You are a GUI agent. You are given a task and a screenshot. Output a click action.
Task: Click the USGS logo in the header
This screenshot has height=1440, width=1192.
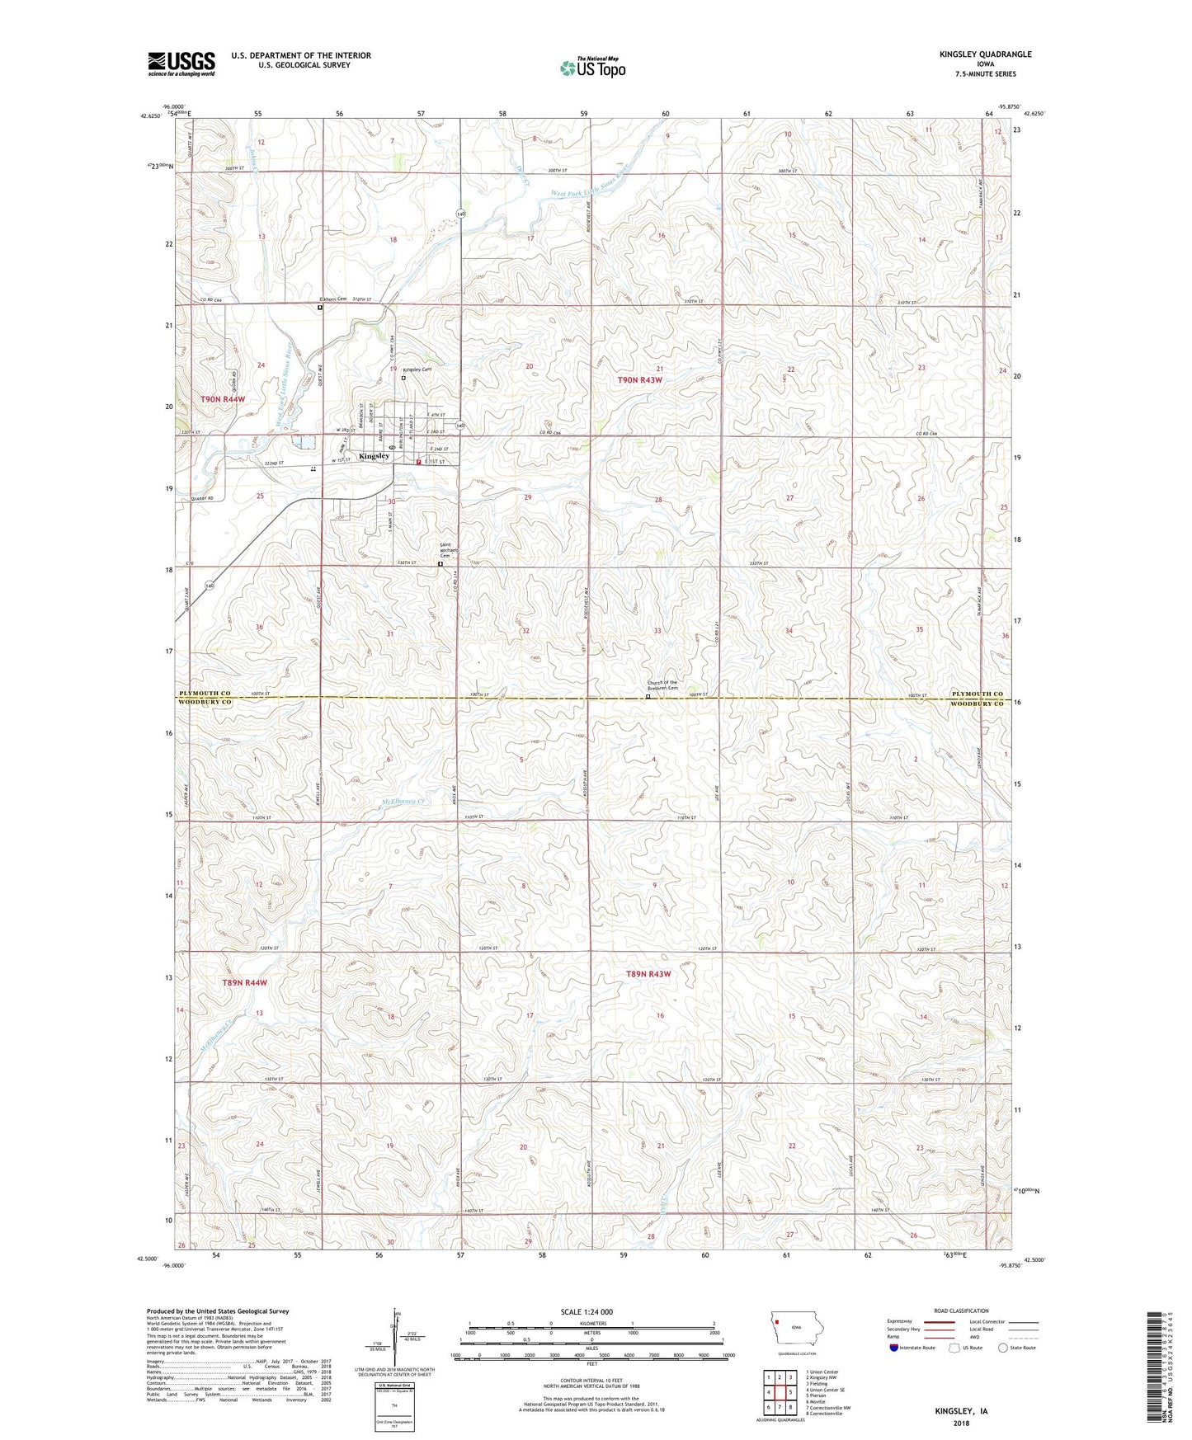coord(181,64)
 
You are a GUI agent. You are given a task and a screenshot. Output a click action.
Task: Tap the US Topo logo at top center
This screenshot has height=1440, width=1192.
coord(593,68)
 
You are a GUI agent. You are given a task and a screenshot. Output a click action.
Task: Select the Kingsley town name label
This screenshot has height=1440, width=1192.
coord(374,456)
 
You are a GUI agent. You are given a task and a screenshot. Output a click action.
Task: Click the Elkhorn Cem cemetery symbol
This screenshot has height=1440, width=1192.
coord(321,308)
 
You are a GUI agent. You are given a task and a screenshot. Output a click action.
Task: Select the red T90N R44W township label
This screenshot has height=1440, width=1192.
coord(223,399)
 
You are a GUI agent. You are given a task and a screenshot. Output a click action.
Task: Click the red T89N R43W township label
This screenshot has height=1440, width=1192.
coord(648,974)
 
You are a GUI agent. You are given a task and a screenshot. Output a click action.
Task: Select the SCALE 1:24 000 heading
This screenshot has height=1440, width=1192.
coord(587,1311)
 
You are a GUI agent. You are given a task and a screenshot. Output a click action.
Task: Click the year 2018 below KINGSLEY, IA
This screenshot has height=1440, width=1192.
coord(961,1424)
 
